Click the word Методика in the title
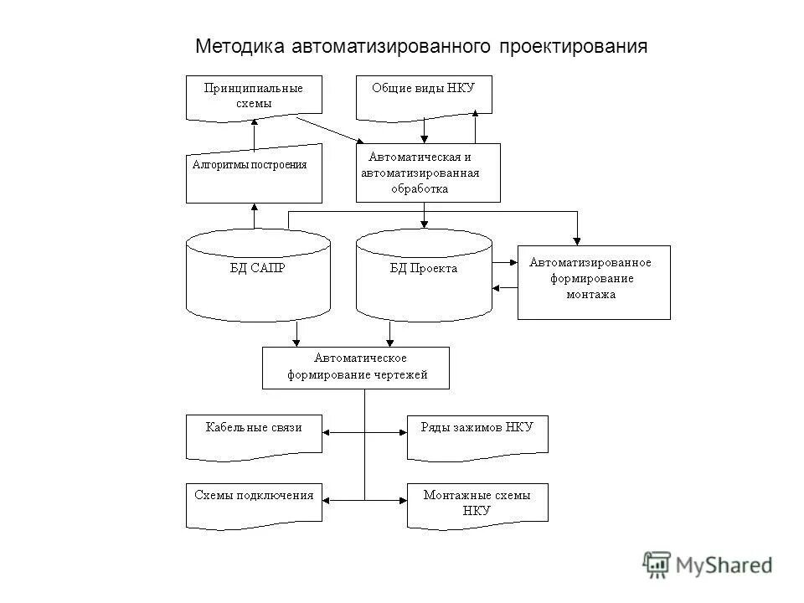pos(240,45)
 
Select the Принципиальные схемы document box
pos(254,95)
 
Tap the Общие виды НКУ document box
pos(424,94)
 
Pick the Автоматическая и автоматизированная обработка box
pos(428,173)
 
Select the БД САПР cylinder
pos(257,273)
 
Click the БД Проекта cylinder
pos(424,273)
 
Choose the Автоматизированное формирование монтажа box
pos(594,281)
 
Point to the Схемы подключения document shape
pos(254,503)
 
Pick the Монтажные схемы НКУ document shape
pos(477,503)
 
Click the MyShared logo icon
pos(657,565)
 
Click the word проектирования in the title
pos(574,45)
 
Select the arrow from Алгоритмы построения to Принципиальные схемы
pos(254,134)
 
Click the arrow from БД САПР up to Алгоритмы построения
pos(254,215)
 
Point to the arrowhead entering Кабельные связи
pos(327,433)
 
